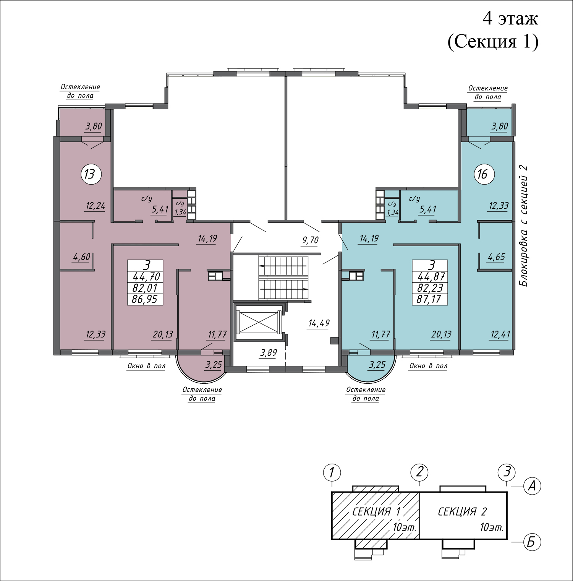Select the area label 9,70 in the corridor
(x=310, y=240)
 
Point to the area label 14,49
(x=319, y=323)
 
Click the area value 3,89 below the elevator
(x=269, y=353)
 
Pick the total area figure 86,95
(x=145, y=299)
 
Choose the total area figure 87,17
(x=429, y=299)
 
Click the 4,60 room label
(x=82, y=257)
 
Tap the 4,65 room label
(x=496, y=257)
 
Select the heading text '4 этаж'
(x=511, y=18)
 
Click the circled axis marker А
(x=531, y=486)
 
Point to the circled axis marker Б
(x=531, y=542)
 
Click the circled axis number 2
(x=419, y=472)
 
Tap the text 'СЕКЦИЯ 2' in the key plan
(x=462, y=511)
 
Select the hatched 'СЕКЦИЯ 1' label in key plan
(x=376, y=511)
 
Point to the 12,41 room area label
(x=500, y=335)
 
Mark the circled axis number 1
(x=332, y=472)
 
